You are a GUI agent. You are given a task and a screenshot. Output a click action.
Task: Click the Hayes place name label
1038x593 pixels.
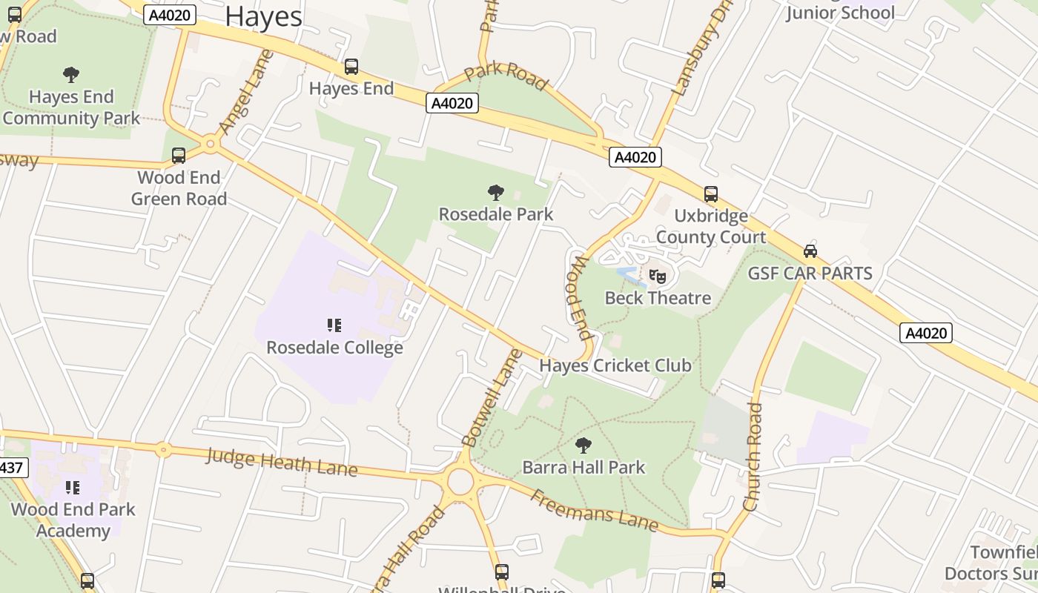point(263,16)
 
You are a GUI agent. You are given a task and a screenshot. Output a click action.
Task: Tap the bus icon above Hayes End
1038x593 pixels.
point(351,67)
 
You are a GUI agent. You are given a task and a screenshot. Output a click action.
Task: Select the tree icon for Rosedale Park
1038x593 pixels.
point(496,193)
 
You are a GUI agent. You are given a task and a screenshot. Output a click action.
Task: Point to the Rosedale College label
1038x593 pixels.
point(334,348)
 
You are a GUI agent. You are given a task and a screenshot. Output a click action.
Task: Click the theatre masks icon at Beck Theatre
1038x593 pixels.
point(658,277)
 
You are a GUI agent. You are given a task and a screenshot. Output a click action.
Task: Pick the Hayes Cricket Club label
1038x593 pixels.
point(615,365)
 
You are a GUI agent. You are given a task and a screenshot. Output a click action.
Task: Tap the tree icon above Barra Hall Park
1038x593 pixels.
point(584,445)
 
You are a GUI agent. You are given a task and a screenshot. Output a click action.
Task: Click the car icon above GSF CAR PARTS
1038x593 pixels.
point(810,251)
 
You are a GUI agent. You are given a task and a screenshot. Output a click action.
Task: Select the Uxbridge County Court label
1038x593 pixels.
point(710,226)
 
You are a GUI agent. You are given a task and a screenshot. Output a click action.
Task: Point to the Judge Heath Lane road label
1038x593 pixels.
point(282,462)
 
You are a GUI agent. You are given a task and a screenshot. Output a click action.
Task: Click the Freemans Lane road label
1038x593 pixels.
point(594,511)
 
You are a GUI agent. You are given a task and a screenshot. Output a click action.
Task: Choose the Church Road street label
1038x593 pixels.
point(753,457)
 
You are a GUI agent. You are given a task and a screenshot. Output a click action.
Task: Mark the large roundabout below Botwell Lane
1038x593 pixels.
point(460,482)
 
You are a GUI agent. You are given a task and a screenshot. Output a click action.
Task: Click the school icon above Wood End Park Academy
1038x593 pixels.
point(73,487)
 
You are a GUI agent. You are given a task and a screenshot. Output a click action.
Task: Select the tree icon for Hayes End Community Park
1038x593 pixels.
point(71,74)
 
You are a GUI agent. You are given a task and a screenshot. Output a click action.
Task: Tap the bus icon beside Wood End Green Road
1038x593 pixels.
point(179,156)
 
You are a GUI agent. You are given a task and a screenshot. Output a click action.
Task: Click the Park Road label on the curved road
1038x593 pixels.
point(506,75)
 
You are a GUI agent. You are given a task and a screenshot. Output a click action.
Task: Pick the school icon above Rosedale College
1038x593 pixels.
point(334,325)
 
